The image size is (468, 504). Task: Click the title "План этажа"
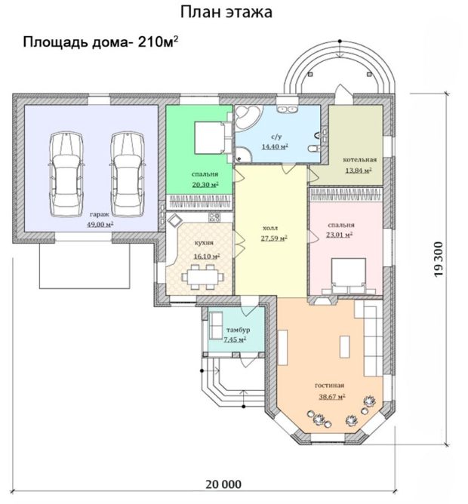tap(226, 12)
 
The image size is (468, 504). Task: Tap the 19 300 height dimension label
tap(439, 259)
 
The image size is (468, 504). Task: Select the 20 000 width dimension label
tap(223, 484)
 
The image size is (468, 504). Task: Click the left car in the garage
tap(66, 174)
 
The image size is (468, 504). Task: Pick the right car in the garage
tap(128, 174)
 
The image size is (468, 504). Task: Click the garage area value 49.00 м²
tap(100, 224)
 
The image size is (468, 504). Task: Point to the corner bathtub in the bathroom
tap(247, 118)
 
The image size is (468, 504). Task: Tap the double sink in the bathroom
tap(287, 109)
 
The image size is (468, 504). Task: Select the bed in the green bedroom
tap(213, 138)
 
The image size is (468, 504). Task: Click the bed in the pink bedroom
tap(349, 276)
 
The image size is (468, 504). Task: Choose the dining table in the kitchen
tap(203, 277)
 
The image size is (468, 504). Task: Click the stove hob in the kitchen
tap(214, 217)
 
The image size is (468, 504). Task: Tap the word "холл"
tap(270, 228)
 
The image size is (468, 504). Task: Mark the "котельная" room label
tap(359, 160)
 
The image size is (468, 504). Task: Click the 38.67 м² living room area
tap(332, 396)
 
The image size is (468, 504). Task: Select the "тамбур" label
tap(238, 330)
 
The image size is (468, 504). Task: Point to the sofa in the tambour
tap(216, 325)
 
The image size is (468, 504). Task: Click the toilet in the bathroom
tap(313, 149)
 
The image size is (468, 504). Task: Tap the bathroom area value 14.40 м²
tap(275, 147)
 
